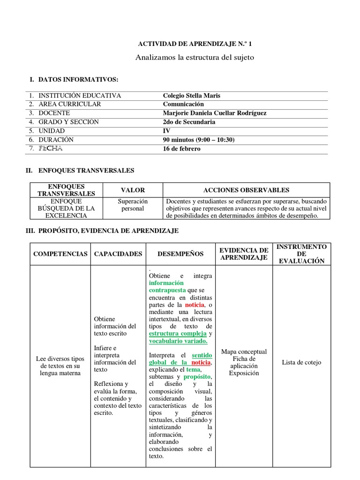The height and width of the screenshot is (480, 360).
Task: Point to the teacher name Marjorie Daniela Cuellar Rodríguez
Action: click(x=215, y=113)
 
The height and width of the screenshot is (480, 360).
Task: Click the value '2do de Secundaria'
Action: click(x=189, y=122)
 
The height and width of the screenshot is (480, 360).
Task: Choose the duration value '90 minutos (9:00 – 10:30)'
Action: click(x=199, y=140)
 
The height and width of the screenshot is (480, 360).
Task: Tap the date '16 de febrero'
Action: click(x=181, y=149)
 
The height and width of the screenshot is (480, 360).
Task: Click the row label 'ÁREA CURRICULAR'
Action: click(x=70, y=104)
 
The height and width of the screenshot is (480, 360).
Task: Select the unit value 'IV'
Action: click(x=166, y=131)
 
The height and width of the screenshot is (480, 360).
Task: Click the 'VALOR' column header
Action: click(x=133, y=190)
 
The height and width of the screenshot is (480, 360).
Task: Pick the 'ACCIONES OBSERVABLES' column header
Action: click(x=246, y=190)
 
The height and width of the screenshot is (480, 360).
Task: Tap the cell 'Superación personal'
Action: click(x=133, y=205)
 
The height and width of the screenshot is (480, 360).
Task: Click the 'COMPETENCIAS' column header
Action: click(x=60, y=254)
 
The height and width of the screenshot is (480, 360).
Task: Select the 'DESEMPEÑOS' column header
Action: click(x=180, y=254)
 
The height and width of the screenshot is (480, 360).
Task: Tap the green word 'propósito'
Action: click(x=197, y=377)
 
